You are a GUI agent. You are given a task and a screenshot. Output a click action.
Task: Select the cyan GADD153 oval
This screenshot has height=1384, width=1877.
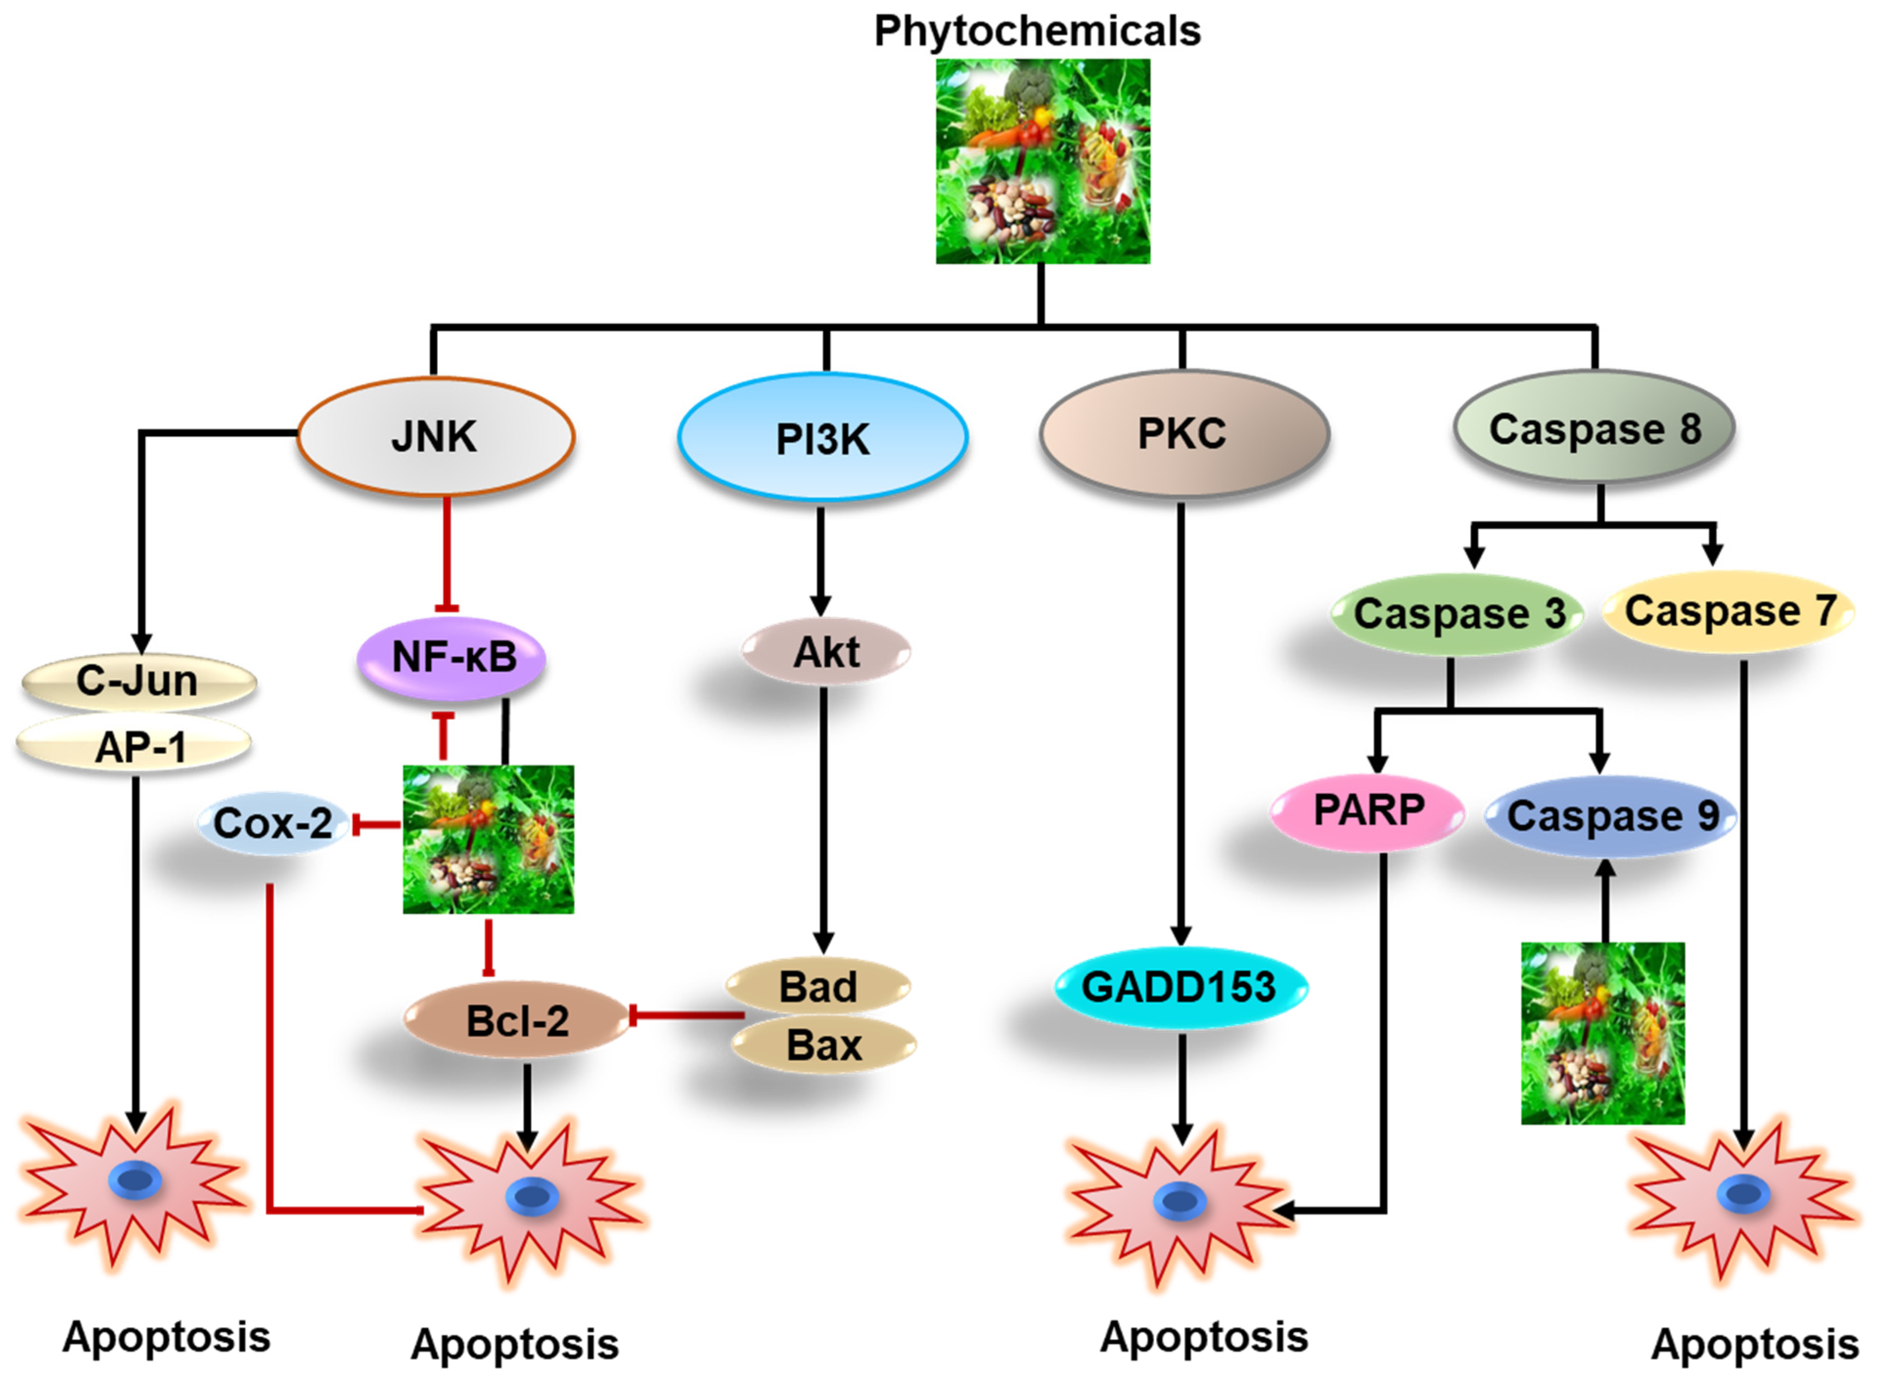1179,987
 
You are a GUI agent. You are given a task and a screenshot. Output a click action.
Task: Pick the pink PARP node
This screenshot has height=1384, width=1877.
1368,810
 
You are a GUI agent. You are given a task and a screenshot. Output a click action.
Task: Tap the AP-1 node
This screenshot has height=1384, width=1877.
138,746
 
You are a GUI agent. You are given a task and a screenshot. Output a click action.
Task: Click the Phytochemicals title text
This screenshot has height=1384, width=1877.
1038,31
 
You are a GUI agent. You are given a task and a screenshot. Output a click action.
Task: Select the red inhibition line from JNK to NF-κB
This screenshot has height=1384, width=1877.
447,553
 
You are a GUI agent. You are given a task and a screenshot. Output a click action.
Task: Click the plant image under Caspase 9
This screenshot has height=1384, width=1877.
1602,1032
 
